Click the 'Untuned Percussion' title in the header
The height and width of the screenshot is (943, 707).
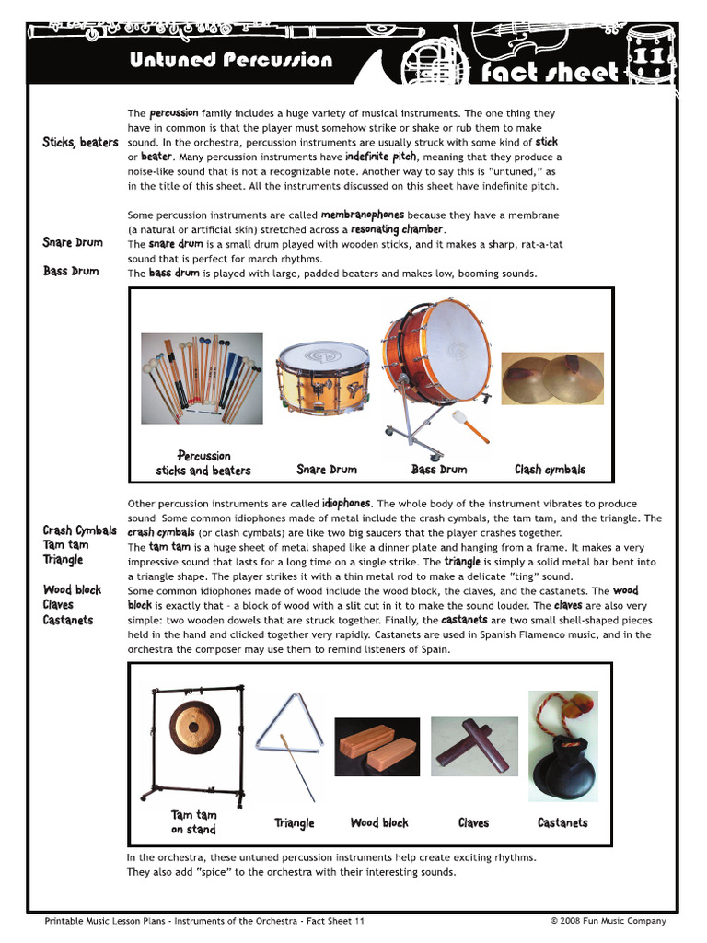click(x=230, y=61)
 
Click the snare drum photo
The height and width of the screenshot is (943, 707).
click(x=322, y=378)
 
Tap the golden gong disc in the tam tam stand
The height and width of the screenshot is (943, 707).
click(x=190, y=729)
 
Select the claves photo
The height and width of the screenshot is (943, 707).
click(x=474, y=742)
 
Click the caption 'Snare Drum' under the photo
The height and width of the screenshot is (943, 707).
click(x=327, y=470)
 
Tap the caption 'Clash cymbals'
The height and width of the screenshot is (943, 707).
click(x=550, y=470)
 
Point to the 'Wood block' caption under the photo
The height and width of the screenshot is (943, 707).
click(x=379, y=822)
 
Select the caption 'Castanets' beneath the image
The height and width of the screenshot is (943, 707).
click(x=562, y=822)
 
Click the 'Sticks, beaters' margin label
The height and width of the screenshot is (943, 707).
click(x=80, y=143)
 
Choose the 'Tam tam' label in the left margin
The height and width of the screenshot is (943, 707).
click(x=65, y=545)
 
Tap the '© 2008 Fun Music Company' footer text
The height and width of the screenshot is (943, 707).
click(x=608, y=921)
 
